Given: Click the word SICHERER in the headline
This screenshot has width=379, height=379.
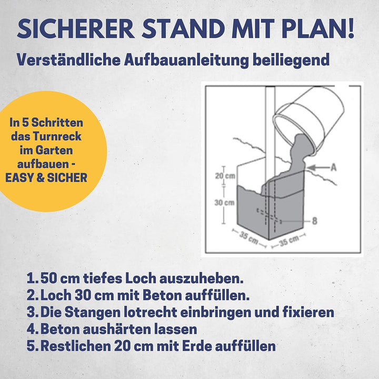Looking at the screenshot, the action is pyautogui.click(x=76, y=28).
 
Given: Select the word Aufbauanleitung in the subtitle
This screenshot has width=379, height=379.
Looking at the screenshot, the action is pyautogui.click(x=186, y=59).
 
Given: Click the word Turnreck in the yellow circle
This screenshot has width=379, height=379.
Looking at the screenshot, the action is pyautogui.click(x=60, y=136).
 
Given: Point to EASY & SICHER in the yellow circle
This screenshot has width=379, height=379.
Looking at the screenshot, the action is pyautogui.click(x=46, y=178).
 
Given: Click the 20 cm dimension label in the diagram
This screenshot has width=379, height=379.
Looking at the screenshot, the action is pyautogui.click(x=225, y=176).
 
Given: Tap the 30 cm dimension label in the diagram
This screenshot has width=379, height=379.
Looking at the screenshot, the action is pyautogui.click(x=225, y=202).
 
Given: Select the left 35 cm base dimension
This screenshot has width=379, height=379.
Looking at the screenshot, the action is pyautogui.click(x=248, y=238).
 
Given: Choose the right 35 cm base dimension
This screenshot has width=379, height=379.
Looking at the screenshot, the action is pyautogui.click(x=289, y=240).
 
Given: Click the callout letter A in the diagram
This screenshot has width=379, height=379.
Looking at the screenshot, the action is pyautogui.click(x=334, y=167).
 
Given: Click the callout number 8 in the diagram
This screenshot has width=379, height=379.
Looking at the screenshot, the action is pyautogui.click(x=314, y=221).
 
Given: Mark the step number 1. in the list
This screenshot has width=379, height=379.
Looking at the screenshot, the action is pyautogui.click(x=33, y=278).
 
